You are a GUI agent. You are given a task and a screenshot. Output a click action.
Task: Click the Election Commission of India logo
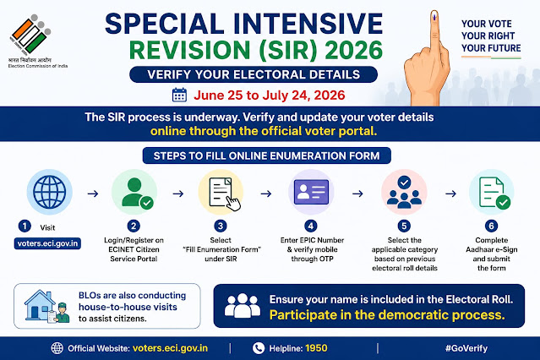click(x=30, y=35)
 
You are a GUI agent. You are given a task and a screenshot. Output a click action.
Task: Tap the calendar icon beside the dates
click(x=179, y=95)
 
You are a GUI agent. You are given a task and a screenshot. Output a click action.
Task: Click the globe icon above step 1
click(x=50, y=192)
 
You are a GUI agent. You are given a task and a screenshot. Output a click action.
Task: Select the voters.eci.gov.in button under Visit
click(x=47, y=243)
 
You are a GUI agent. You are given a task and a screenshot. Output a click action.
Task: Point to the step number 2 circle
click(x=134, y=226)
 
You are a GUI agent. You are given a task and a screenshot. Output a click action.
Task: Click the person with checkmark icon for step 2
click(x=137, y=193)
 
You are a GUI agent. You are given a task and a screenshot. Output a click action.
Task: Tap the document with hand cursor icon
click(x=225, y=194)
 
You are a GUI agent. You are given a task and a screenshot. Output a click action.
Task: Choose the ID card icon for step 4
click(x=311, y=192)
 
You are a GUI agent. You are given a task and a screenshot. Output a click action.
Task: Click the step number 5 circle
click(x=404, y=226)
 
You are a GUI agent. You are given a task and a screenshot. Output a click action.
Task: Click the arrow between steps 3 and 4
click(x=266, y=194)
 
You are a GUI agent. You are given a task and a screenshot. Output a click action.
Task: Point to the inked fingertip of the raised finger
click(x=434, y=16)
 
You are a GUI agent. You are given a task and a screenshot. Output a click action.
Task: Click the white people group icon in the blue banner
click(x=243, y=306)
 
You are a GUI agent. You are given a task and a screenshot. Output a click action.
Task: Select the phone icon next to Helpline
click(x=259, y=348)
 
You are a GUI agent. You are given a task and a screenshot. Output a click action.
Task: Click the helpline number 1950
click(x=316, y=348)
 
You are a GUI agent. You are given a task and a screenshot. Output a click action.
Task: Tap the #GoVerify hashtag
click(x=466, y=348)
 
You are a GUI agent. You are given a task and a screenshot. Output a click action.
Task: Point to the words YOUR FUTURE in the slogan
click(x=491, y=48)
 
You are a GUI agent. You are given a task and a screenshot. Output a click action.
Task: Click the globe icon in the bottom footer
click(x=57, y=348)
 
